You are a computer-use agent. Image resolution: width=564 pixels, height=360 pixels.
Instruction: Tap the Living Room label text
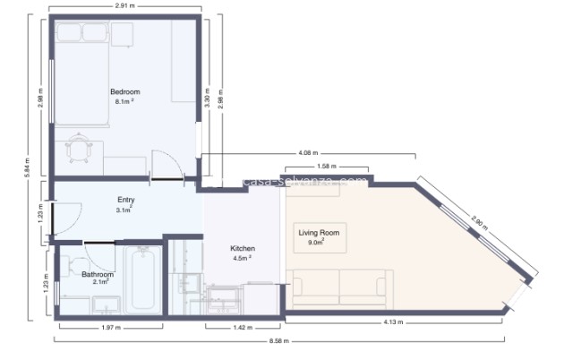tap(319, 232)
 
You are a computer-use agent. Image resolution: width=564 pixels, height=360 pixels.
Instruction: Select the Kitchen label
tap(244, 248)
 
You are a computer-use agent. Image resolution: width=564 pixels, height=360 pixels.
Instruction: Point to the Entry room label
tap(125, 200)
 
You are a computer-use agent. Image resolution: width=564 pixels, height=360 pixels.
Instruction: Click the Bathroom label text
tap(97, 274)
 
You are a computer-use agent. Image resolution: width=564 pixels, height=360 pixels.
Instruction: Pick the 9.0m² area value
tap(316, 242)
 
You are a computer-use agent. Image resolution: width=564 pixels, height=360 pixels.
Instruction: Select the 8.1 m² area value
tap(124, 101)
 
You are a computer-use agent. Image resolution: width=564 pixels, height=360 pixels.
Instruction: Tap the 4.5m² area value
tap(243, 258)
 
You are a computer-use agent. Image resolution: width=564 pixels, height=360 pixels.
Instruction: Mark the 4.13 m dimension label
tap(394, 321)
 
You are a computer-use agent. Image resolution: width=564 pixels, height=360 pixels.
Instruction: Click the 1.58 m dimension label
tap(327, 167)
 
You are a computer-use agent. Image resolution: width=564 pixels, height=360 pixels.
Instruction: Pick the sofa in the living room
tap(342, 284)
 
